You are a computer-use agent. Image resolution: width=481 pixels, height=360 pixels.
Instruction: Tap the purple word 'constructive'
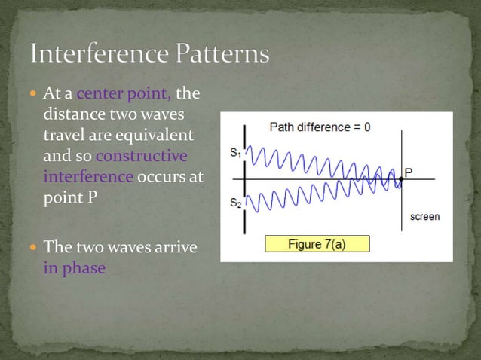tap(142, 157)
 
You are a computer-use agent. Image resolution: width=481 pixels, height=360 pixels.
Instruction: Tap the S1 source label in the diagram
tap(235, 153)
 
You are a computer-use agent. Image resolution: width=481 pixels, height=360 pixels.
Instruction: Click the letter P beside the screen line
tap(408, 172)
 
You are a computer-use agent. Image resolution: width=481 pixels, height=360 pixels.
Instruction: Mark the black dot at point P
tap(400, 179)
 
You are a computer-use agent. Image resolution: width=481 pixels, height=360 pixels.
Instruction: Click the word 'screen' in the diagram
tap(424, 217)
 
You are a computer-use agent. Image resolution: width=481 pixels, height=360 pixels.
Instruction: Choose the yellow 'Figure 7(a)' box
tap(317, 243)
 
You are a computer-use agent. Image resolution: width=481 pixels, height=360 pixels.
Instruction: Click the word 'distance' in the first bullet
tap(72, 116)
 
